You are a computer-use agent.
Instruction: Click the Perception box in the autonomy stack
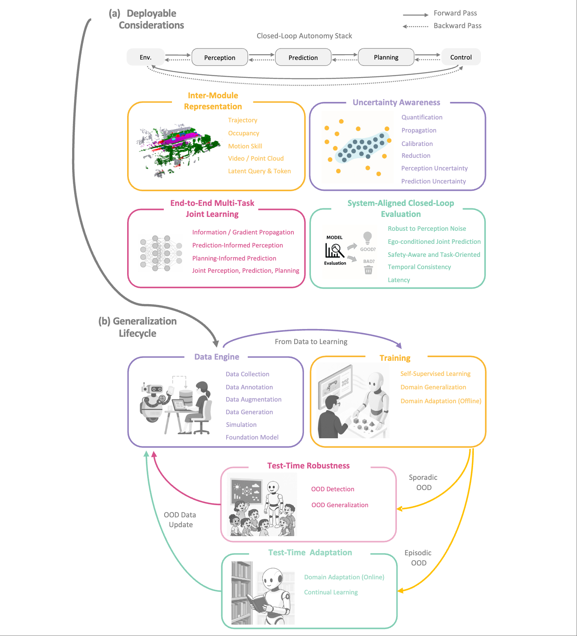tap(220, 57)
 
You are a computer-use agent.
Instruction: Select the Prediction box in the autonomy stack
tap(303, 57)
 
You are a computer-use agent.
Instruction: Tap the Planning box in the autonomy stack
tap(386, 57)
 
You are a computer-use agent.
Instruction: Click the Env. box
tap(145, 57)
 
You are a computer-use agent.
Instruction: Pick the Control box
tap(461, 57)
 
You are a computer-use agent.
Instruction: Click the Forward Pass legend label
tap(455, 13)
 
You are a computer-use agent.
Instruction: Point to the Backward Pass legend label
tap(457, 26)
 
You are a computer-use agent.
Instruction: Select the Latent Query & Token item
tap(259, 171)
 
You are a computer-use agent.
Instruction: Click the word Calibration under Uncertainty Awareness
tap(417, 144)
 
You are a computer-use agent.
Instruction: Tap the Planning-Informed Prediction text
tap(234, 258)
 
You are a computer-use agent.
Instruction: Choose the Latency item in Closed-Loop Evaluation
tap(399, 280)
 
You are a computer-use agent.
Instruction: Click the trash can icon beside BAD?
tap(368, 270)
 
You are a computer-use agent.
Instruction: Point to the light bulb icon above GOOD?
tap(368, 238)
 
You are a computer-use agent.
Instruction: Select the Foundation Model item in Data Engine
tap(252, 437)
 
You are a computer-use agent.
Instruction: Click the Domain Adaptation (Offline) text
tap(440, 401)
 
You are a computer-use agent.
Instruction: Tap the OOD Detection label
tap(333, 489)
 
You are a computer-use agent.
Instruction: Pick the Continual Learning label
tap(331, 592)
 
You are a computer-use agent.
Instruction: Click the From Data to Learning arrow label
tap(311, 342)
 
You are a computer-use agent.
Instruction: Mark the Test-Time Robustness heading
tap(308, 466)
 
